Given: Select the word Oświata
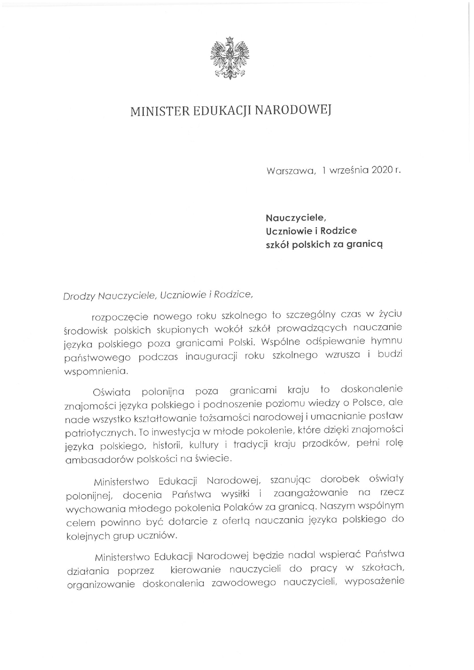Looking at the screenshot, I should click(111, 392).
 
